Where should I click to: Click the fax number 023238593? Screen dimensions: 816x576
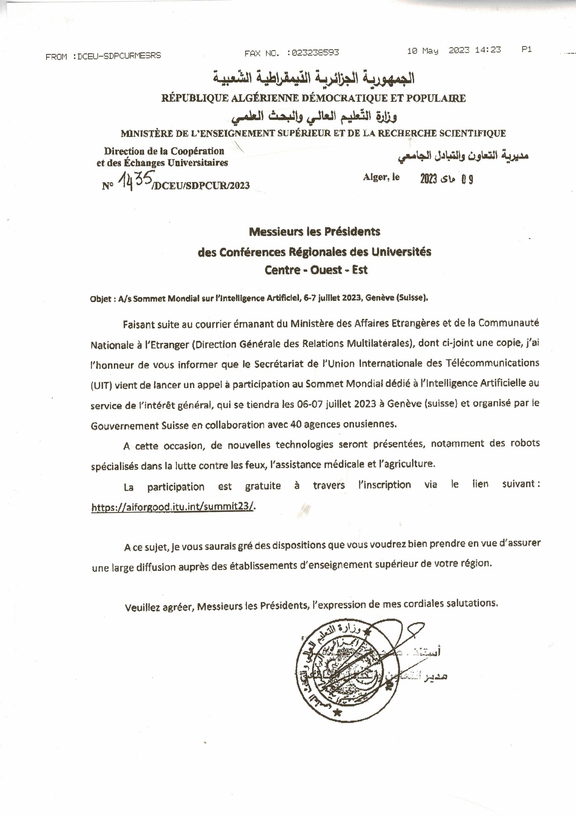tap(315, 53)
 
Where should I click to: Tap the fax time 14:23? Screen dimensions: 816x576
tap(487, 50)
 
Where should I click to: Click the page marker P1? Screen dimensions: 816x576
tap(526, 49)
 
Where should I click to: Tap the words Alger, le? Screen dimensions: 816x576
tap(381, 177)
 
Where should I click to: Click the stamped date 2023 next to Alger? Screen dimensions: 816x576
tap(428, 179)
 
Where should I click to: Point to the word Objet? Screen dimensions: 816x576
tap(100, 299)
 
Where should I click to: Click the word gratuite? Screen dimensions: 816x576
tap(262, 486)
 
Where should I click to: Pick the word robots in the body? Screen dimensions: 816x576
tap(525, 443)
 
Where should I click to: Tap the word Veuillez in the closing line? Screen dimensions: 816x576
tap(142, 608)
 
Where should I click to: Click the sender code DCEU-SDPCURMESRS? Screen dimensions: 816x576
tap(119, 56)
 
